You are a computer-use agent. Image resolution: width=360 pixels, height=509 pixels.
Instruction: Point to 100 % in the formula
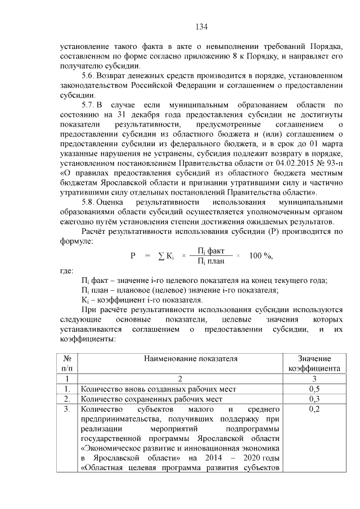click(x=260, y=255)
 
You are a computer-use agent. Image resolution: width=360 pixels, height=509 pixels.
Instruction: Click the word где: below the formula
click(x=67, y=271)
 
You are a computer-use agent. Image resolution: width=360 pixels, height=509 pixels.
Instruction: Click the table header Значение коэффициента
click(x=314, y=363)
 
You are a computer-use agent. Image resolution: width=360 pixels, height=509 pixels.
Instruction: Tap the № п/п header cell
click(x=67, y=363)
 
